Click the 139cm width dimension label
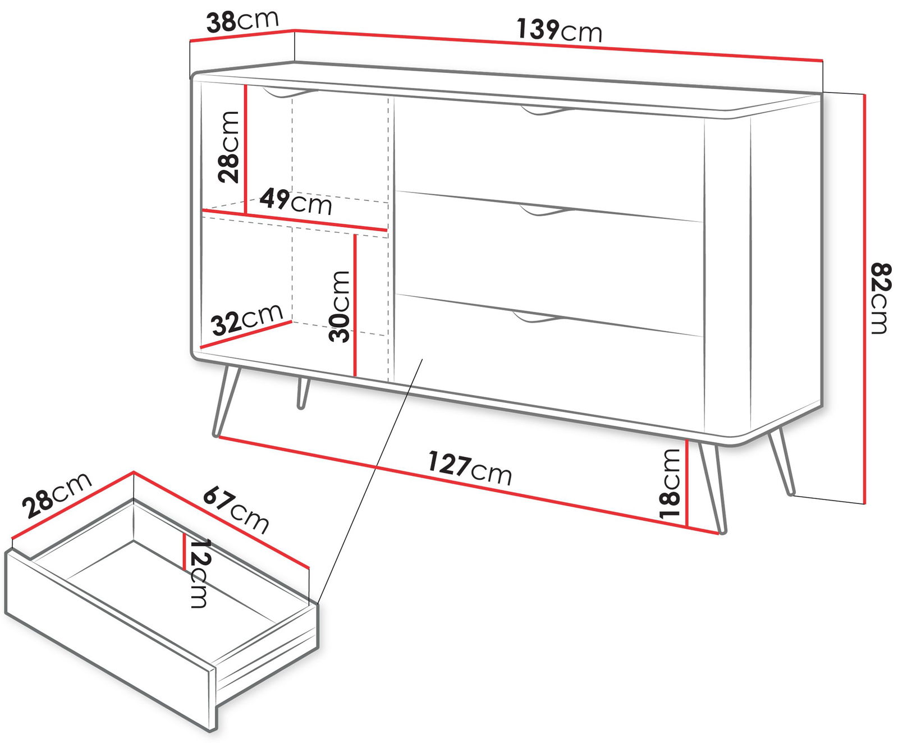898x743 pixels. [x=559, y=30]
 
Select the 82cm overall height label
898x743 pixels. [x=880, y=298]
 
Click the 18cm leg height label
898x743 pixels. [x=670, y=483]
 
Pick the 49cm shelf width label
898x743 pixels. [x=296, y=201]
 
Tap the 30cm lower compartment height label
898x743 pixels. [x=340, y=306]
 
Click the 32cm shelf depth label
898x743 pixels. [x=247, y=319]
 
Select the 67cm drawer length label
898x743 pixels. [x=236, y=510]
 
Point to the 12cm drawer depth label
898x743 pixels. [x=199, y=573]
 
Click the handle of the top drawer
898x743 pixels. [x=545, y=110]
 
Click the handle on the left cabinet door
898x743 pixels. [x=290, y=94]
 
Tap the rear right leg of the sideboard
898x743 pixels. [x=782, y=462]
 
